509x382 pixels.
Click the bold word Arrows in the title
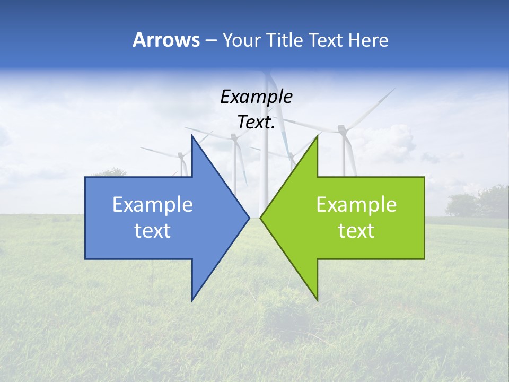(166, 40)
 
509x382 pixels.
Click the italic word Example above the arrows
(256, 97)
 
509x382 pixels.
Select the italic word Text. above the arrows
(256, 123)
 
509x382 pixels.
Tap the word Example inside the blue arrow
(153, 205)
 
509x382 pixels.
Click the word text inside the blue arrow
(153, 231)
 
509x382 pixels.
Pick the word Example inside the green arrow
(356, 205)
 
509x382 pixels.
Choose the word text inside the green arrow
(356, 231)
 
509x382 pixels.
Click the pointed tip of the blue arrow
(249, 218)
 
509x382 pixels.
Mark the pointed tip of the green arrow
(261, 218)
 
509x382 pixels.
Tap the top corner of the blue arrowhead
(192, 136)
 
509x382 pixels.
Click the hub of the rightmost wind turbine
(342, 128)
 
